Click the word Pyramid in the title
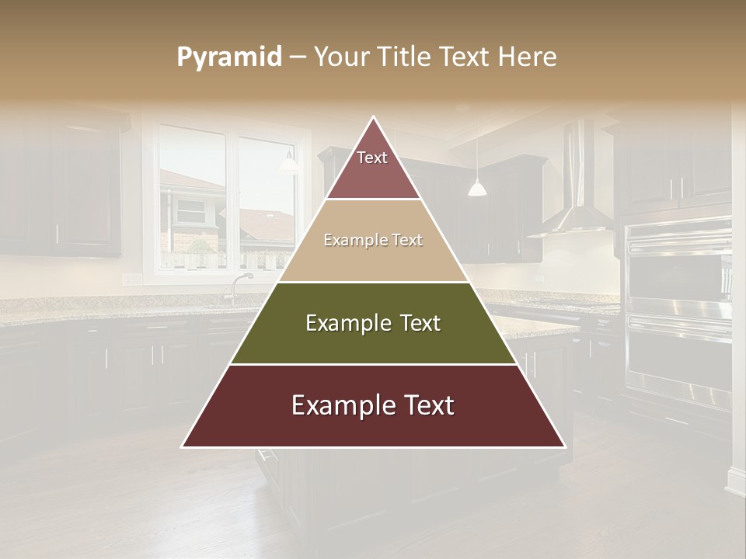(x=228, y=57)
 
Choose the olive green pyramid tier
(x=373, y=324)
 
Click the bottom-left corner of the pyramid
(x=184, y=446)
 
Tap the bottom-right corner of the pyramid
(x=563, y=446)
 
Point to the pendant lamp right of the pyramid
(x=476, y=187)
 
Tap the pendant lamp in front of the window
(x=288, y=163)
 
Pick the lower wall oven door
(x=679, y=357)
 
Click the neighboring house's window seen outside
(x=190, y=210)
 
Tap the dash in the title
(x=298, y=57)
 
